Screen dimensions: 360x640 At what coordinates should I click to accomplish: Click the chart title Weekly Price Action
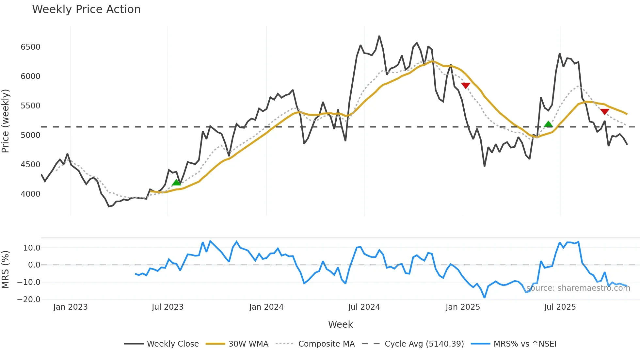point(86,9)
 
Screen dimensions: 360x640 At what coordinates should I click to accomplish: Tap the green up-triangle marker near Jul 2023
point(176,183)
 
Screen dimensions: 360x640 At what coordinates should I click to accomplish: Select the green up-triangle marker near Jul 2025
point(548,124)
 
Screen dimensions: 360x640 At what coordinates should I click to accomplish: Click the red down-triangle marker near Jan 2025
point(466,86)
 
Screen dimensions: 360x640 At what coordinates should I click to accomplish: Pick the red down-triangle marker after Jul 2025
point(605,112)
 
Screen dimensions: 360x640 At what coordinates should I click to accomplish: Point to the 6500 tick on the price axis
point(30,47)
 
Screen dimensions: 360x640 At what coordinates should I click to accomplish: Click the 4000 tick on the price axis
point(30,194)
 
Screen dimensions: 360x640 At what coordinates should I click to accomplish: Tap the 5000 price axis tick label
point(30,135)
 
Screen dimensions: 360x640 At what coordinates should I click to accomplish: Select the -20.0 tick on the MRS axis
point(29,299)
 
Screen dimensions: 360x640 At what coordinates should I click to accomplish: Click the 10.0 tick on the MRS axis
point(32,248)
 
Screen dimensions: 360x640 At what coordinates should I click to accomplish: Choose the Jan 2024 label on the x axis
point(266,307)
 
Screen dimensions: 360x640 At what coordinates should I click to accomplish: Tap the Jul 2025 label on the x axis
point(560,307)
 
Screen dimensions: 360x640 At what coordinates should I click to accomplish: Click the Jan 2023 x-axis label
point(70,307)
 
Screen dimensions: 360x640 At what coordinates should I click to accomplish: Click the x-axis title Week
point(340,324)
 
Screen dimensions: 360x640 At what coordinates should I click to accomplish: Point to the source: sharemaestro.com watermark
point(578,288)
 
